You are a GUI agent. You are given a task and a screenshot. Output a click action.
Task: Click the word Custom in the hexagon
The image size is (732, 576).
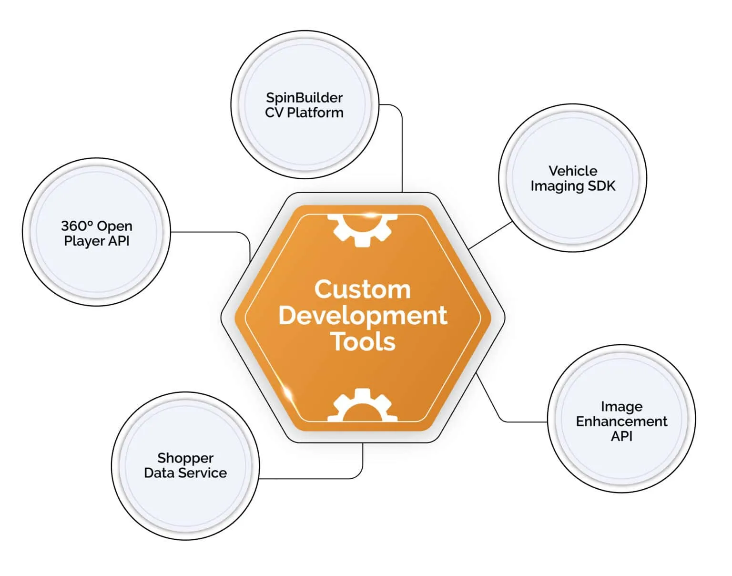(x=362, y=289)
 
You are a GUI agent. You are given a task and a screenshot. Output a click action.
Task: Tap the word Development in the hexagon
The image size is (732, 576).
(x=363, y=316)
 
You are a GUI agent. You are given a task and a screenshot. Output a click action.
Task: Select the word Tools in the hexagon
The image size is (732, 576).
(x=363, y=342)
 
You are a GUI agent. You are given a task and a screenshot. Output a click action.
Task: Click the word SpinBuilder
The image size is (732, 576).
(x=304, y=98)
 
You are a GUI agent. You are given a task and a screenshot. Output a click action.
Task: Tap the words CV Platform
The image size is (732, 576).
(x=304, y=113)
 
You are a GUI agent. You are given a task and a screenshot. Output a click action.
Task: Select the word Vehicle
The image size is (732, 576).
(x=572, y=171)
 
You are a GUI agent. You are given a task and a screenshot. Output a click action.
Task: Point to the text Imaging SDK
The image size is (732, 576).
(x=573, y=185)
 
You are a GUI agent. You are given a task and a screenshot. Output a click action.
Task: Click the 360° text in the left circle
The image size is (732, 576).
(x=73, y=226)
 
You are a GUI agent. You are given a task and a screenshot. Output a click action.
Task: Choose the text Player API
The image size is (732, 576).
(x=97, y=241)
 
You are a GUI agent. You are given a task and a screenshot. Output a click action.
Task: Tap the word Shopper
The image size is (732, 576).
(x=185, y=458)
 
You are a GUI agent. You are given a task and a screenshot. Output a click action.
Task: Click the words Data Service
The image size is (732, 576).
(x=185, y=473)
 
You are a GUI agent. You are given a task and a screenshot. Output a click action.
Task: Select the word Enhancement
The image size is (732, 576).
(x=621, y=421)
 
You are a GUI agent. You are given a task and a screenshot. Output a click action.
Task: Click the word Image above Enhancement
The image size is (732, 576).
(x=621, y=406)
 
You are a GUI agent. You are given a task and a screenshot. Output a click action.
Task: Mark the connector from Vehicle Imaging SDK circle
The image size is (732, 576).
(x=491, y=235)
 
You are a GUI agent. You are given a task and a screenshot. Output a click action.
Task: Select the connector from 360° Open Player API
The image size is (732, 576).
(x=210, y=232)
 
